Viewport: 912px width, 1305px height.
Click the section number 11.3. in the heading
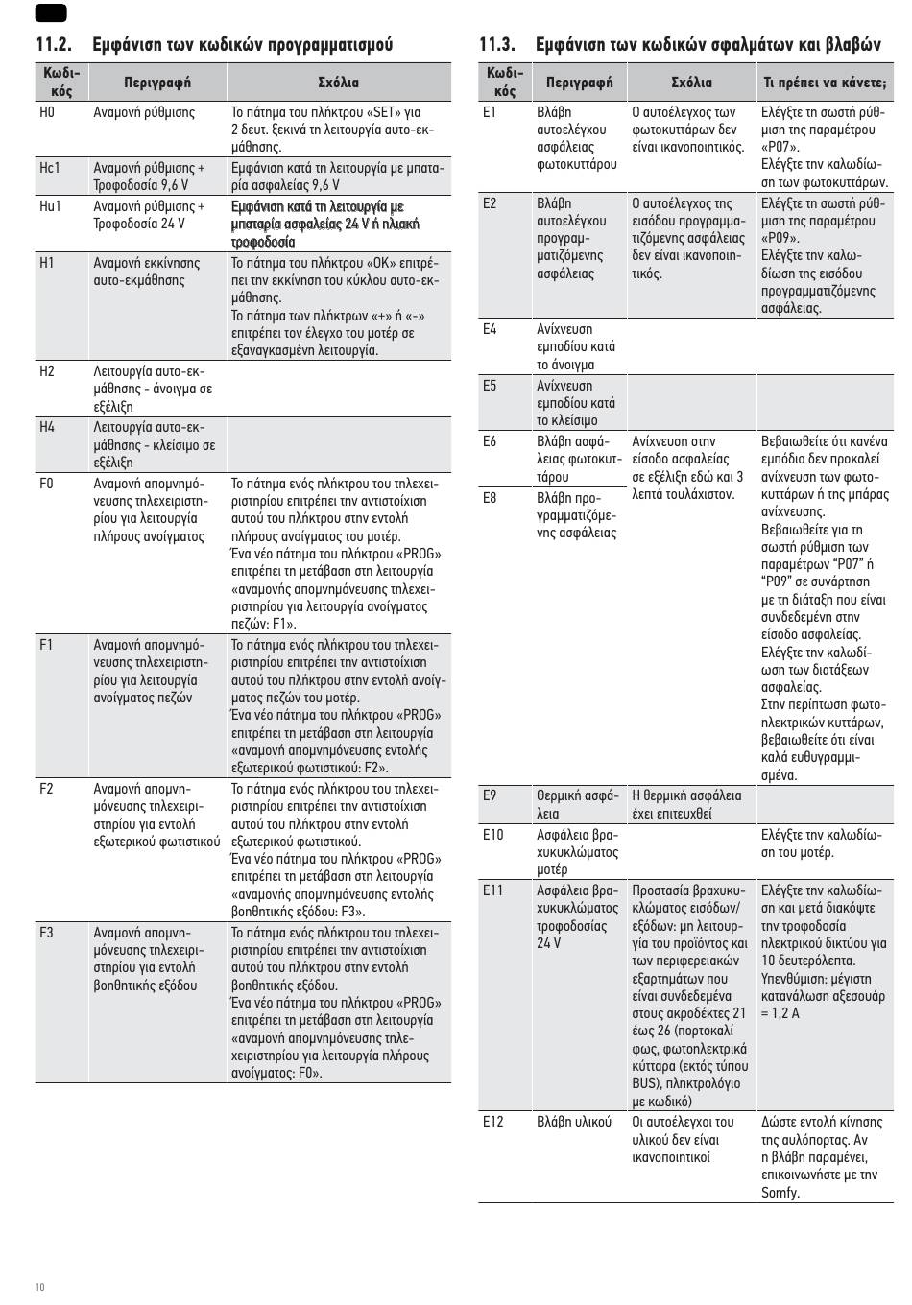click(x=496, y=45)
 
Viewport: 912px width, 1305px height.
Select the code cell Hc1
click(x=50, y=168)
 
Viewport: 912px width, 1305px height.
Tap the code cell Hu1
click(x=50, y=206)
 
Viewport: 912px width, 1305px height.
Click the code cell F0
click(x=47, y=484)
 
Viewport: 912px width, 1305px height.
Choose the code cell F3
click(x=47, y=933)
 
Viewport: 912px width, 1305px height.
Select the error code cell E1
click(x=490, y=112)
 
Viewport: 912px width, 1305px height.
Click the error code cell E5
click(x=490, y=386)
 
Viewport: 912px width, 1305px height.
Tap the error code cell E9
click(x=490, y=795)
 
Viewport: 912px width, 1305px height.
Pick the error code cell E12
click(x=492, y=1122)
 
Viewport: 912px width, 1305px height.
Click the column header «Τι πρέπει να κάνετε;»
click(x=824, y=83)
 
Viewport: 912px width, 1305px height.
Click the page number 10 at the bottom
click(x=39, y=1287)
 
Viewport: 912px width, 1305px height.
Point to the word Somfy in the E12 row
click(x=780, y=1193)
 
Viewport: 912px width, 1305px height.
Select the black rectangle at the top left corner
click(x=50, y=12)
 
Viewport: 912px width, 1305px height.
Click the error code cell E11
click(x=492, y=890)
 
